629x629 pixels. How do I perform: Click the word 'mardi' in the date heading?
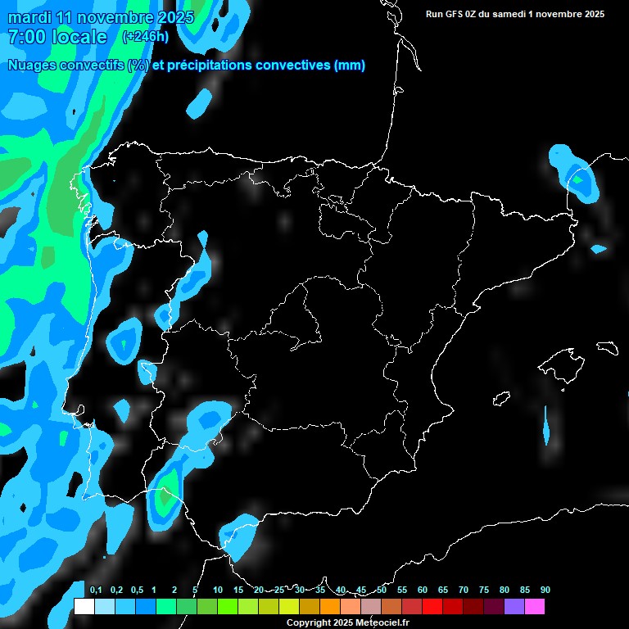[x=26, y=17]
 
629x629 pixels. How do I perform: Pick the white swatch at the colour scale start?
[x=84, y=607]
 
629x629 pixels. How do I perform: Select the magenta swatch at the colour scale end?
[x=535, y=607]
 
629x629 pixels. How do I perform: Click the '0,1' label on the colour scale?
[x=96, y=591]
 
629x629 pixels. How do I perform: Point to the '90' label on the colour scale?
[x=545, y=591]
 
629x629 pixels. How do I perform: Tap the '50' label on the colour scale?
[x=382, y=591]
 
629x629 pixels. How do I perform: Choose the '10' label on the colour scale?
[x=218, y=591]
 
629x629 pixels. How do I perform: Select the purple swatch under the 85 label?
[x=514, y=607]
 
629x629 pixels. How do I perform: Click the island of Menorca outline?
[x=607, y=347]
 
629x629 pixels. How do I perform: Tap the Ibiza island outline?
[x=500, y=399]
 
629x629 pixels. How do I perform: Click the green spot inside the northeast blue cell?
[x=578, y=179]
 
